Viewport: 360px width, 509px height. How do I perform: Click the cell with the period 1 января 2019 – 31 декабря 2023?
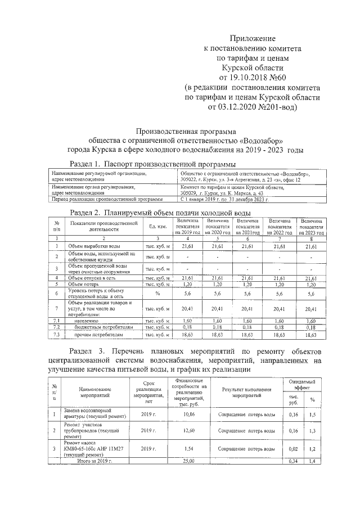coord(225,199)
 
